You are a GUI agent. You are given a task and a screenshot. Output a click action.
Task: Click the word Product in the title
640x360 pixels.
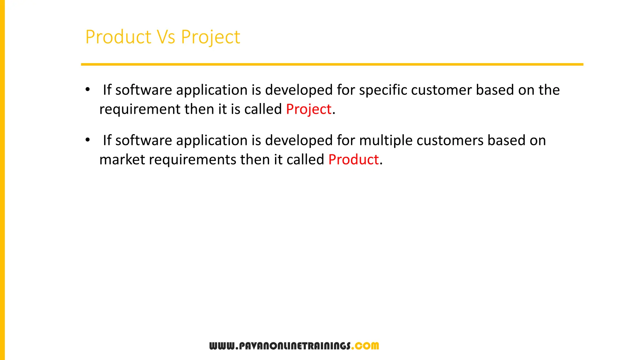[118, 37]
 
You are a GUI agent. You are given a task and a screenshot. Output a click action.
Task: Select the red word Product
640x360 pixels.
[353, 160]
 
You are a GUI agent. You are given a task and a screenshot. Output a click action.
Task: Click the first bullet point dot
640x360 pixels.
[88, 90]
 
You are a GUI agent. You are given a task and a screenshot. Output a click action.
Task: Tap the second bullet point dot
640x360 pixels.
[88, 140]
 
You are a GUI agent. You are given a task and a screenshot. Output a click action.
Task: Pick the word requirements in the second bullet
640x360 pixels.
[192, 160]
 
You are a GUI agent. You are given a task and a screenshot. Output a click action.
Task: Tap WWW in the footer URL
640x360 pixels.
[222, 346]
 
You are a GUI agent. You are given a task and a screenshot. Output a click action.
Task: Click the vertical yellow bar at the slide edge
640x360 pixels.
[2, 180]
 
